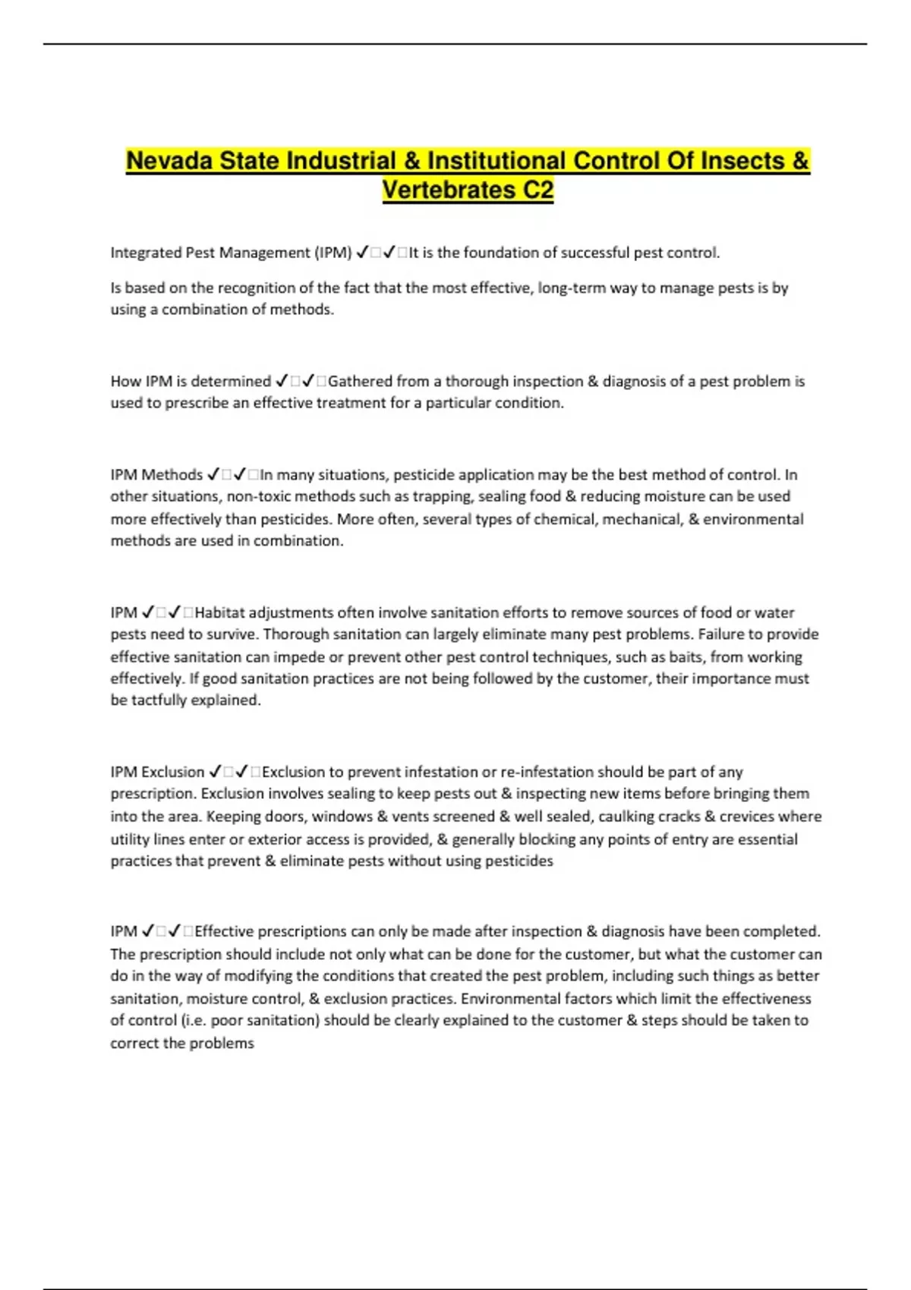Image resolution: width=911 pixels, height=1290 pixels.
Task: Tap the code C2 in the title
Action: pyautogui.click(x=537, y=190)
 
